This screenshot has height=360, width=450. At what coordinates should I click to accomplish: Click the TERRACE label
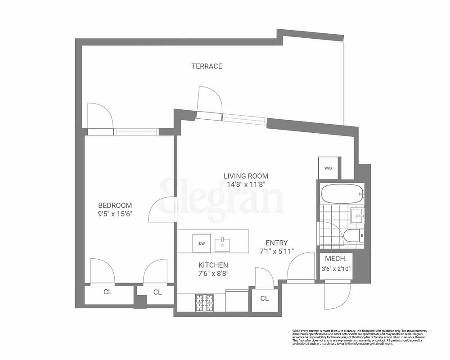[207, 66]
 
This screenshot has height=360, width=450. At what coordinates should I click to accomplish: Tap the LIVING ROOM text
[246, 176]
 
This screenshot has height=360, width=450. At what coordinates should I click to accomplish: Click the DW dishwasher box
[202, 243]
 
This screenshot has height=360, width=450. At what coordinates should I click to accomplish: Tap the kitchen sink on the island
[223, 244]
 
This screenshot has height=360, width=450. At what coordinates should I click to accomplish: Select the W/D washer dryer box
[328, 168]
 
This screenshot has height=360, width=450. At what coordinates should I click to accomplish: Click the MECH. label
[335, 259]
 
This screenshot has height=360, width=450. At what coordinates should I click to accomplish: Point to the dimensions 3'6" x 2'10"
[335, 269]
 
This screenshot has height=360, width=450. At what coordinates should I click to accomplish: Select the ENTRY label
[277, 243]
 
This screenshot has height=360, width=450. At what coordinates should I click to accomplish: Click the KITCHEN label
[213, 265]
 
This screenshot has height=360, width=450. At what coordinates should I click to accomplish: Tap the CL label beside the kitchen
[265, 298]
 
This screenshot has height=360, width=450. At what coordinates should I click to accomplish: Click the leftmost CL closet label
[108, 292]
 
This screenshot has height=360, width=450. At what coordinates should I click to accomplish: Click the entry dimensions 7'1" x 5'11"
[277, 251]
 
